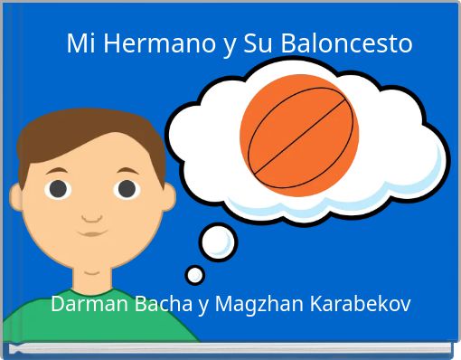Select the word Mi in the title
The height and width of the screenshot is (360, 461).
(x=80, y=43)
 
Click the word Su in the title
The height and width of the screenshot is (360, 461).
(x=259, y=43)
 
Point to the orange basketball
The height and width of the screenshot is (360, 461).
(x=299, y=135)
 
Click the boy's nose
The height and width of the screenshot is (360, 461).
(x=91, y=215)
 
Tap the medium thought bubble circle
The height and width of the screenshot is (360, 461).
(x=218, y=242)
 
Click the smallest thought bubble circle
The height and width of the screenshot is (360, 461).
(x=194, y=274)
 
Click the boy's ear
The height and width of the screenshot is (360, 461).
(x=16, y=195)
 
